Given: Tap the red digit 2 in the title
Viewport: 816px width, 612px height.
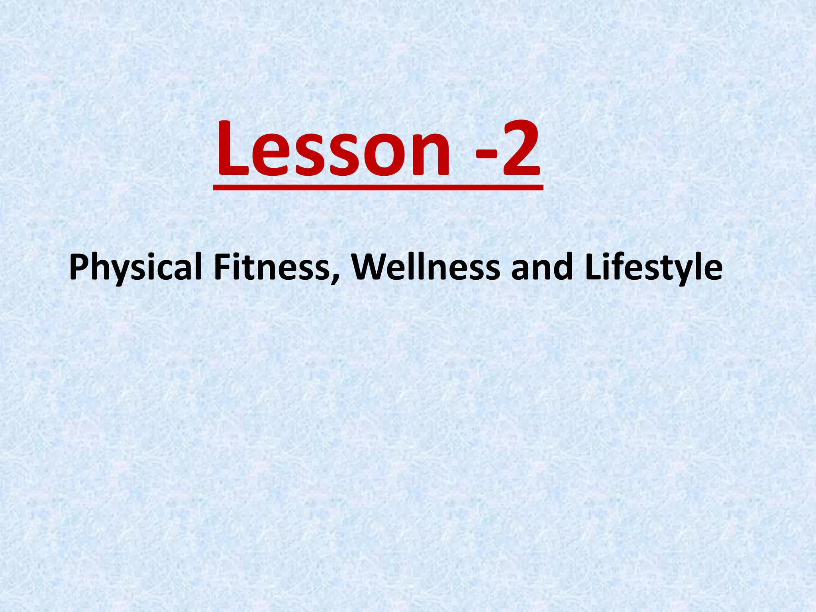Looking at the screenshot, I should coord(521,148).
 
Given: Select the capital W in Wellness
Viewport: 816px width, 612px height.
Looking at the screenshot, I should coord(369,267).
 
